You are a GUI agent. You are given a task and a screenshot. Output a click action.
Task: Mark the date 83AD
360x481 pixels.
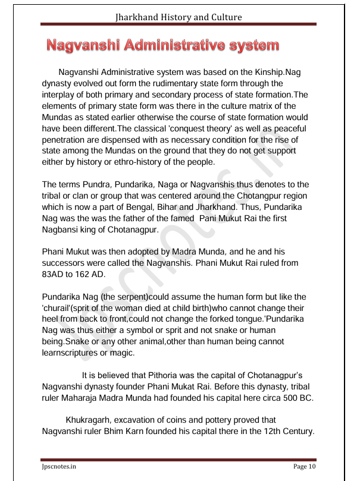[x=57, y=274]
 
